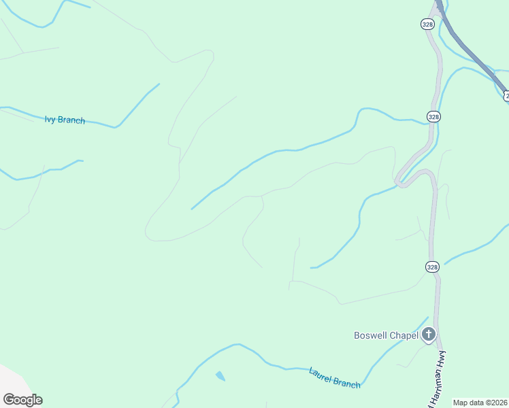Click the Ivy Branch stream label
[x=65, y=120]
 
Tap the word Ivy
[x=50, y=119]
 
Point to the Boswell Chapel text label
[x=385, y=335]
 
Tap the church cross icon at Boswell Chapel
[x=429, y=334]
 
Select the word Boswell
[x=371, y=335]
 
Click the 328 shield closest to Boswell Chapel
[x=433, y=267]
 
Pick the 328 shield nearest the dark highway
[x=427, y=24]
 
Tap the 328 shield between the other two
[x=434, y=116]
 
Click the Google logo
[x=22, y=400]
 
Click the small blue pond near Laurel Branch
[x=220, y=375]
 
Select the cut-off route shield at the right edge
[x=506, y=97]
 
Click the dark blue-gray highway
[x=473, y=54]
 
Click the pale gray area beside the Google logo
[x=8, y=378]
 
